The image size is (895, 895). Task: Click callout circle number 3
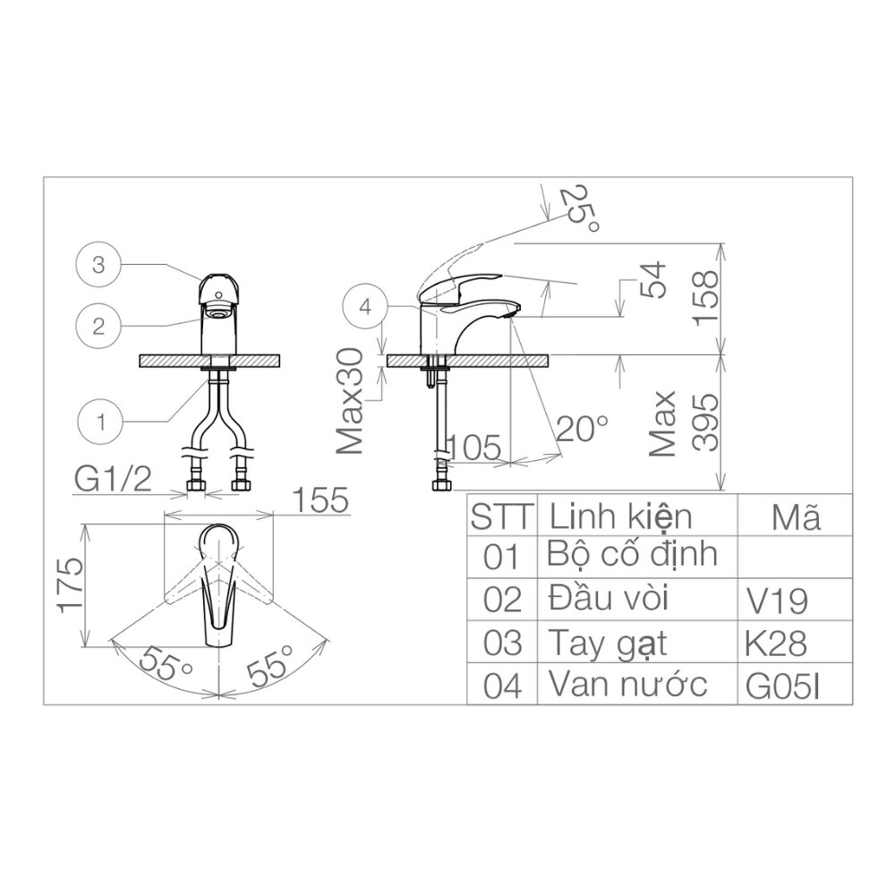[x=98, y=264]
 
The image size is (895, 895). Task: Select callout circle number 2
[x=98, y=327]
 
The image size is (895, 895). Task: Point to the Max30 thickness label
[x=351, y=402]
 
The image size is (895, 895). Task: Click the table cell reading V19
[x=776, y=601]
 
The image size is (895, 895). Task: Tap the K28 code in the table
[x=776, y=644]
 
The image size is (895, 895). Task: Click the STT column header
[x=502, y=516]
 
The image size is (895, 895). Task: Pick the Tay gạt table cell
[x=608, y=643]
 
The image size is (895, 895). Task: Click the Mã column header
[x=795, y=516]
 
